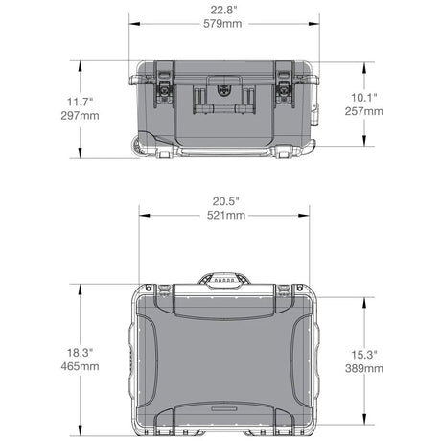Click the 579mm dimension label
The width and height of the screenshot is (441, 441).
(222, 24)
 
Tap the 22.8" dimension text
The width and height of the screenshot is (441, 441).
(223, 10)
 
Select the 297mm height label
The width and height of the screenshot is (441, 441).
(80, 115)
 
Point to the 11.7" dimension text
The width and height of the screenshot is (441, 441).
(80, 102)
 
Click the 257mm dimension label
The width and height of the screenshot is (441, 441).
(364, 111)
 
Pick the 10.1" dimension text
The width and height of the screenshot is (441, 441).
(364, 98)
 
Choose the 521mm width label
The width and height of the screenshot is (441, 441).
(226, 215)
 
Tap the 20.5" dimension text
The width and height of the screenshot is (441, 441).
(226, 201)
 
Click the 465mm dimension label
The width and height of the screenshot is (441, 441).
(80, 366)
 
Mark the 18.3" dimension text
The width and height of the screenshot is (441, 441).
(80, 353)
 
